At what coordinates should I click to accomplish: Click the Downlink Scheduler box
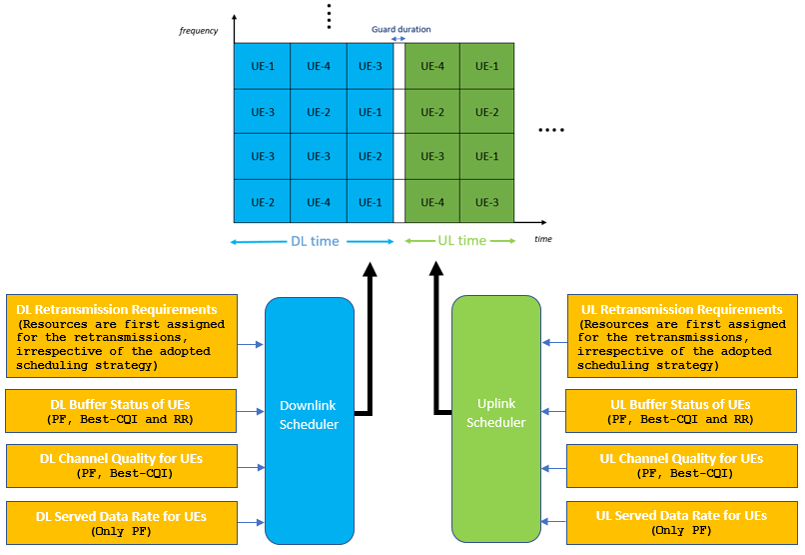(x=310, y=420)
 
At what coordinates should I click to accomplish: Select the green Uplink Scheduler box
(x=495, y=420)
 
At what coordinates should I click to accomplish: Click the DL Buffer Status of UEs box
(x=122, y=411)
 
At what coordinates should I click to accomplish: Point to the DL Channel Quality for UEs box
(x=122, y=465)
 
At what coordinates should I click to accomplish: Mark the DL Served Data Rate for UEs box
(x=122, y=522)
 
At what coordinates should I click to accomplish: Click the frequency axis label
(x=199, y=31)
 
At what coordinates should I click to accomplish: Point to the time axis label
(x=542, y=239)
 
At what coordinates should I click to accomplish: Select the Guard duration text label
(x=401, y=29)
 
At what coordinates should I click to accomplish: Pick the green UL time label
(x=461, y=241)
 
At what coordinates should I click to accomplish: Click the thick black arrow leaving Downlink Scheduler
(x=371, y=330)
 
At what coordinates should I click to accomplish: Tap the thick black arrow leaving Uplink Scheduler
(x=436, y=330)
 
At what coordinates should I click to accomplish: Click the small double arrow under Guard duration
(x=400, y=38)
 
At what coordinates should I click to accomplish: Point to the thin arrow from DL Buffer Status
(x=251, y=411)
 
